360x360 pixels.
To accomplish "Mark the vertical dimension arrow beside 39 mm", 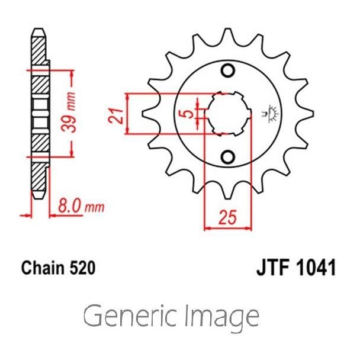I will [x=72, y=112].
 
